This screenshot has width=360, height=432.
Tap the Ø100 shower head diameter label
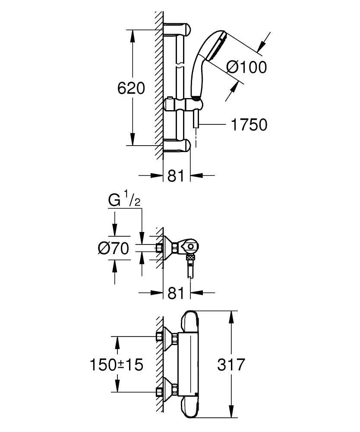[x=246, y=67]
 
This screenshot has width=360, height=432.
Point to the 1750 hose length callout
[x=249, y=125]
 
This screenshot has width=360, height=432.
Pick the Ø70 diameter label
[x=114, y=248]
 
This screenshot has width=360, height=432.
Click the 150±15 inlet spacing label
[x=116, y=364]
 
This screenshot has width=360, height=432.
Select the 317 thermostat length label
[x=231, y=364]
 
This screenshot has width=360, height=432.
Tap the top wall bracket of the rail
[x=177, y=29]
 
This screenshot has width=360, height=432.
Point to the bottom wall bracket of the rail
[x=177, y=146]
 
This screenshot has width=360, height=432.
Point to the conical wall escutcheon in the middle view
[x=167, y=248]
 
